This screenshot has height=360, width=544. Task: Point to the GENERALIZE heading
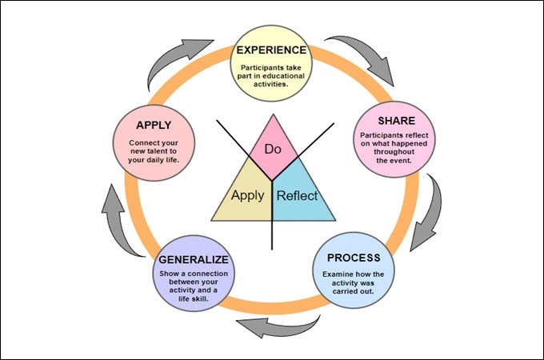(194, 260)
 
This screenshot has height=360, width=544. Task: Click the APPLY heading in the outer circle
(154, 125)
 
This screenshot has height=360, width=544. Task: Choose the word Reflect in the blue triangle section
(297, 195)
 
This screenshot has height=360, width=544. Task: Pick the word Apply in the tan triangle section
(247, 195)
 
